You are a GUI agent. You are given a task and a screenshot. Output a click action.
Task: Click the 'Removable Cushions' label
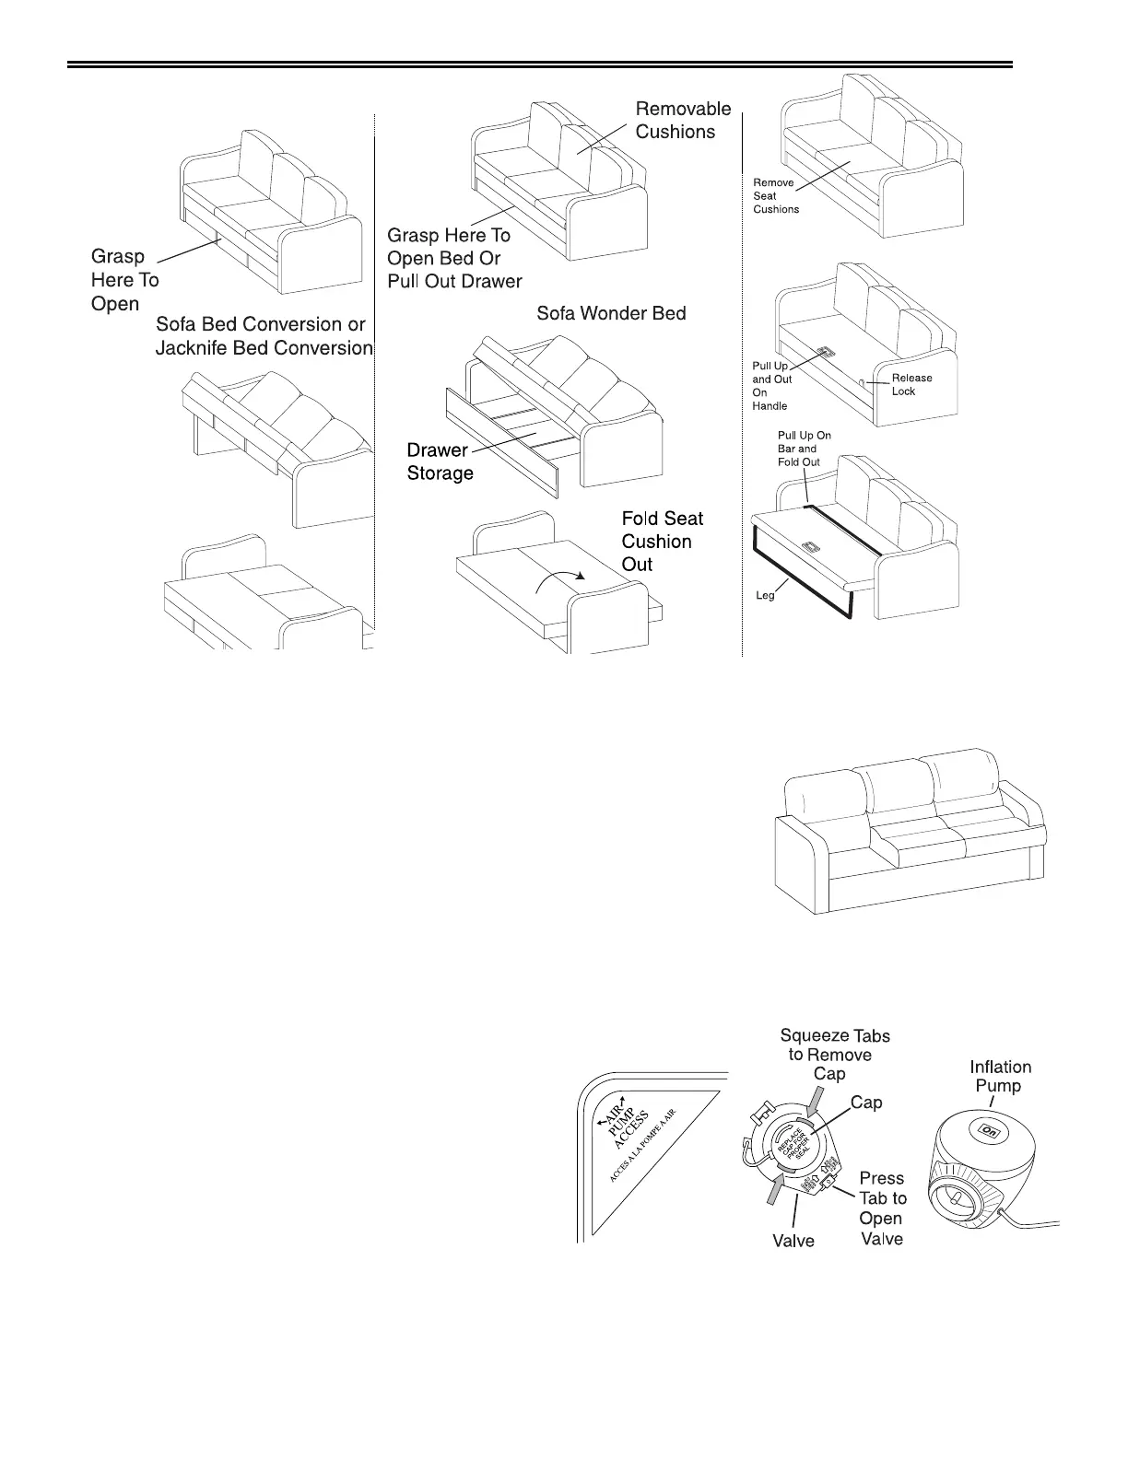click(683, 120)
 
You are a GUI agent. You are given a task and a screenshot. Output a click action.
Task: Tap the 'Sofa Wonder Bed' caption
click(611, 313)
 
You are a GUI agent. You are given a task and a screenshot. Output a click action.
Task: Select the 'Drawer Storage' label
click(440, 461)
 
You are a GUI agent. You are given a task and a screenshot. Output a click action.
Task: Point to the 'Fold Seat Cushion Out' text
click(662, 542)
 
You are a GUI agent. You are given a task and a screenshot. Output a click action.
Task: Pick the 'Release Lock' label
click(911, 384)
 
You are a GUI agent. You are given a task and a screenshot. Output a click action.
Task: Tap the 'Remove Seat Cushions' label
click(775, 195)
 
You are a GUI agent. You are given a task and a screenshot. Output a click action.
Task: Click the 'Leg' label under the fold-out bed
click(765, 595)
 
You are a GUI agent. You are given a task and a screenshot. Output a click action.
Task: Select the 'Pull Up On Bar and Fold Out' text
click(798, 449)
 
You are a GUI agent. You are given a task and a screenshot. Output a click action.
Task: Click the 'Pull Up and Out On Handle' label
click(771, 386)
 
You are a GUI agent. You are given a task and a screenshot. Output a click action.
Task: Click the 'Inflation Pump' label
click(1000, 1076)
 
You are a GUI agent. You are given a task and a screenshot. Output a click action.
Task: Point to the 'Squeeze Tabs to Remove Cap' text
click(834, 1055)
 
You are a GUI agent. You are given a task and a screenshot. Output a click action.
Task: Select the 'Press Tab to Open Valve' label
click(882, 1208)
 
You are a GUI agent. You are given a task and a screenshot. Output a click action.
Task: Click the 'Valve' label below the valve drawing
click(793, 1241)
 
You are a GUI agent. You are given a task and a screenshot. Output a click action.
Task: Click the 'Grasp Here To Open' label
click(124, 280)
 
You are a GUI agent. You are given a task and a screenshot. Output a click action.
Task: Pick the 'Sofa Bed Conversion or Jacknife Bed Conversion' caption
click(264, 336)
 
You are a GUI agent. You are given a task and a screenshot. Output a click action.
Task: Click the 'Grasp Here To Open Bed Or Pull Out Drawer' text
click(453, 258)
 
